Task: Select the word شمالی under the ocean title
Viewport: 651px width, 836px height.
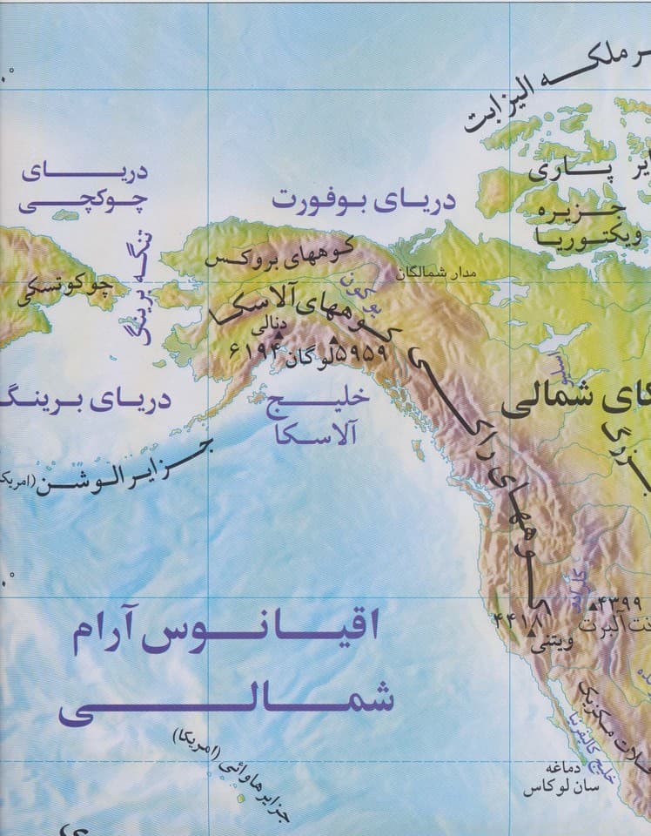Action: point(225,702)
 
